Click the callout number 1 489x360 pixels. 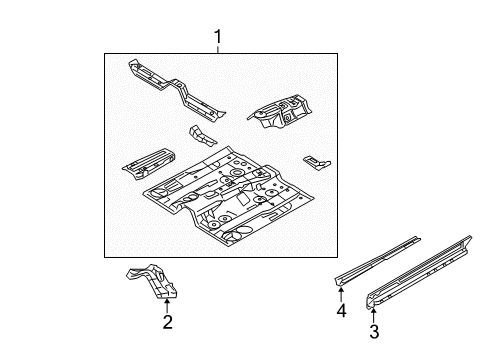tap(218, 37)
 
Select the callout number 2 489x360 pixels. tap(168, 322)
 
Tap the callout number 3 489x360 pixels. tap(374, 331)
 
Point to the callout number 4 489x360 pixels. tap(341, 311)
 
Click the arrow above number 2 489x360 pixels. tap(167, 305)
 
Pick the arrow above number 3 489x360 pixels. tap(374, 315)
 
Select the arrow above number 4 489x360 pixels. tap(341, 294)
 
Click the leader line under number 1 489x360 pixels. tap(218, 49)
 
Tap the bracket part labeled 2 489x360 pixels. tap(153, 280)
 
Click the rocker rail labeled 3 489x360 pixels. tap(419, 272)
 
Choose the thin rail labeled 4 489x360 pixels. tap(378, 261)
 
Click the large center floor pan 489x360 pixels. tap(228, 197)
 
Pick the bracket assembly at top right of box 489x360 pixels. tap(280, 111)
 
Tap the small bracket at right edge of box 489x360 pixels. tap(317, 162)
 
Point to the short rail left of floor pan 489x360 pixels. tap(148, 164)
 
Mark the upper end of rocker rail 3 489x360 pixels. tap(469, 238)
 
